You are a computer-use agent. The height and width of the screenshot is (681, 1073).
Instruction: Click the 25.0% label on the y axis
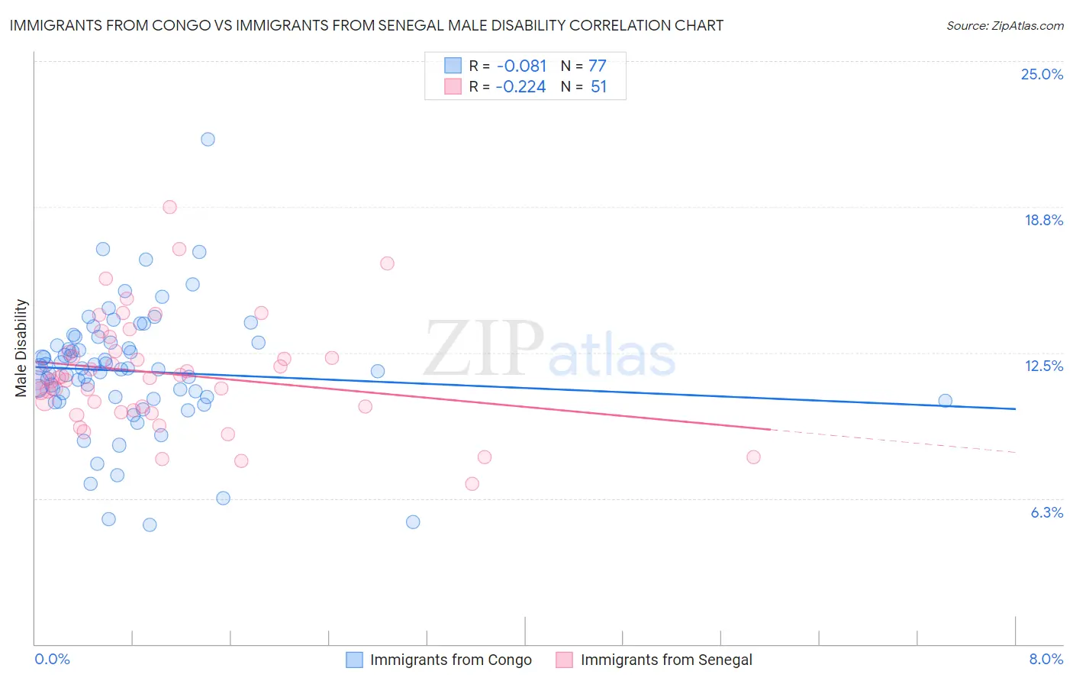1042,74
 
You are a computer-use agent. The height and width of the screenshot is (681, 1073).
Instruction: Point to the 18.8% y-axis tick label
1043,220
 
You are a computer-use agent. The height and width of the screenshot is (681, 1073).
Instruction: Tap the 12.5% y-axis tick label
1043,366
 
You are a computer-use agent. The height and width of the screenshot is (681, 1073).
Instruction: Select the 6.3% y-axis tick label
1046,512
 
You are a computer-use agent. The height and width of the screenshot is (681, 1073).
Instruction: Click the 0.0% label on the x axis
52,659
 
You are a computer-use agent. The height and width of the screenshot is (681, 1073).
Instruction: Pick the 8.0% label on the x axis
1046,659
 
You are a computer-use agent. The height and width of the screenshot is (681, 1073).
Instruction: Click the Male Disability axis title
21,347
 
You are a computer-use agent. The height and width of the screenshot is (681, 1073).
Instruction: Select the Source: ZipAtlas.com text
1004,25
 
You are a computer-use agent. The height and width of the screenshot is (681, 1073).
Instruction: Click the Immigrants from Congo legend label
450,660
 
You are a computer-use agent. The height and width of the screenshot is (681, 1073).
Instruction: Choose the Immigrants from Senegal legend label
665,660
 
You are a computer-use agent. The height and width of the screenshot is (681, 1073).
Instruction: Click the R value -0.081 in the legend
520,66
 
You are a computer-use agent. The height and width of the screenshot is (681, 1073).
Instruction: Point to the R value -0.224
520,86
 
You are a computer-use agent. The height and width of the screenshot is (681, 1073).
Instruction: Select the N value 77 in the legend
597,66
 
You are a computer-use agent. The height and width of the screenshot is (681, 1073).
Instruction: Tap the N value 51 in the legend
598,86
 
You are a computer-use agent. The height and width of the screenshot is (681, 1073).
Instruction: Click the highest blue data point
208,139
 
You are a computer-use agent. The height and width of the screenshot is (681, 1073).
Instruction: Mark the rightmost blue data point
945,400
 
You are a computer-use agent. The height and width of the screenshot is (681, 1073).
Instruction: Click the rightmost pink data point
753,457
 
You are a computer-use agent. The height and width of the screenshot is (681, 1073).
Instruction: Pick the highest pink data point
169,207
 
